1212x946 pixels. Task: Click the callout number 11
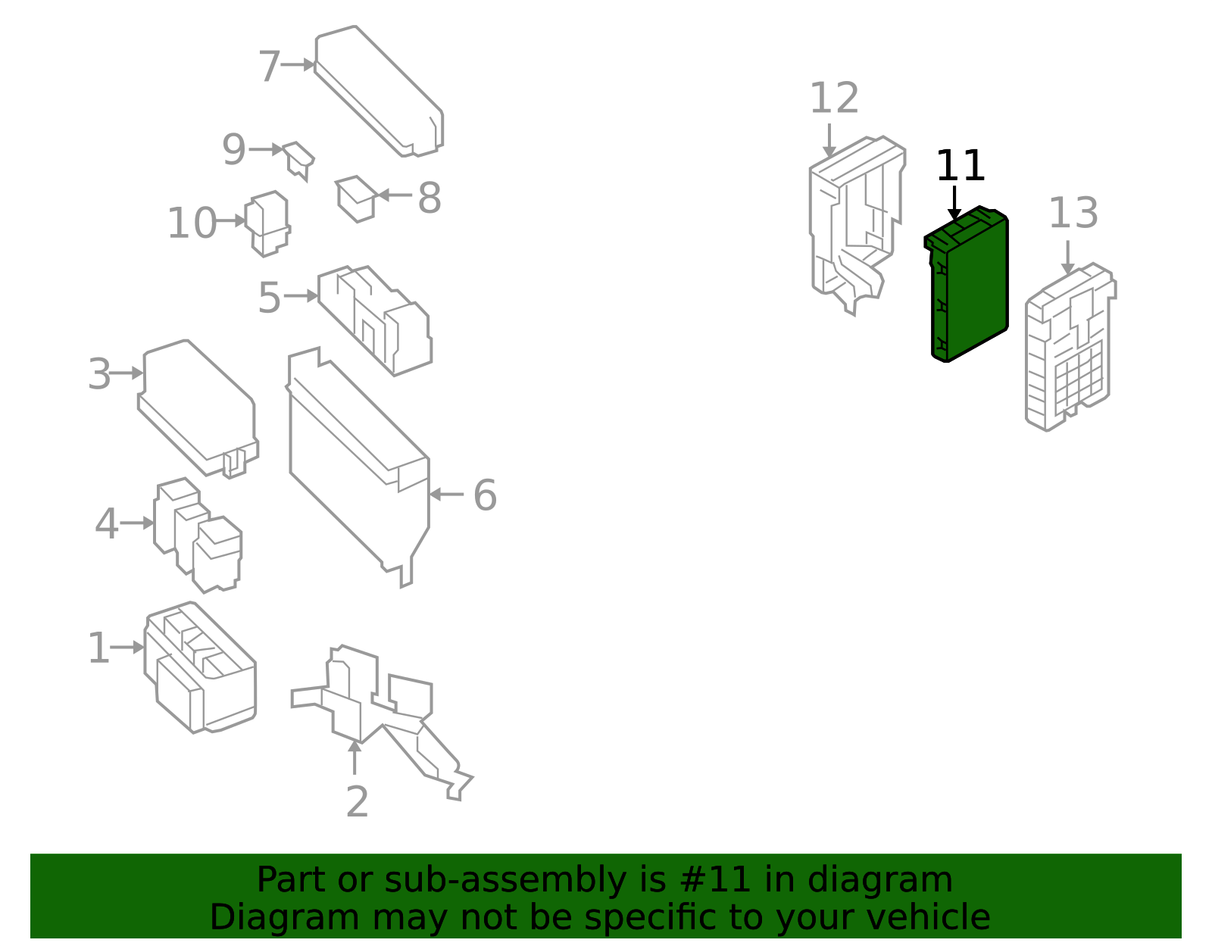(x=960, y=166)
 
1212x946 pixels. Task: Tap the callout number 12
(x=834, y=98)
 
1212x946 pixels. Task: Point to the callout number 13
(x=1073, y=213)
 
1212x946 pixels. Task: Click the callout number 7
(x=270, y=67)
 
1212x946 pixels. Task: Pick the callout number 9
(x=234, y=149)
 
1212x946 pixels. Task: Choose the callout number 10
(x=192, y=223)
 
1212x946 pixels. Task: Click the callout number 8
(x=430, y=198)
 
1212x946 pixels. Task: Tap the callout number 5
(x=270, y=298)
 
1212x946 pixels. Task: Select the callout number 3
(x=99, y=374)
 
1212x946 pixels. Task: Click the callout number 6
(x=485, y=495)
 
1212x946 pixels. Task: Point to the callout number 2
(x=357, y=802)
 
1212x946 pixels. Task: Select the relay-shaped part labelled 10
(x=268, y=223)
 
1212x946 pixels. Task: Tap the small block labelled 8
(x=357, y=199)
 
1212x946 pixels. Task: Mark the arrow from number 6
(x=446, y=495)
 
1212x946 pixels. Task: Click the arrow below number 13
(x=1067, y=258)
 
